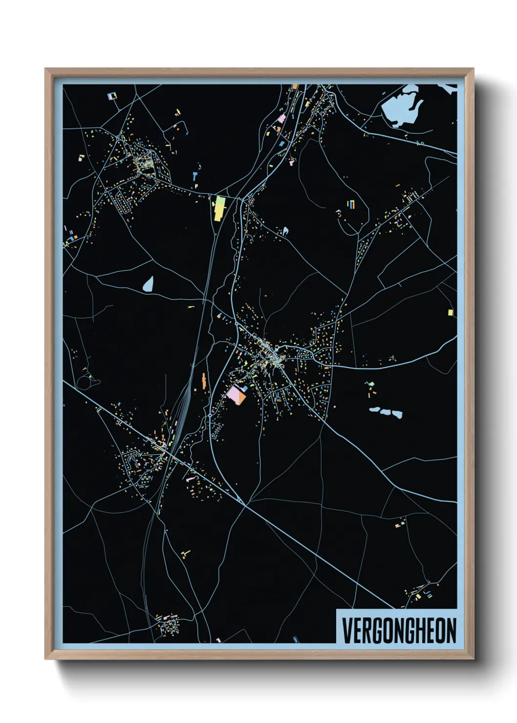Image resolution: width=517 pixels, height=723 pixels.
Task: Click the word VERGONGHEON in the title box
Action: point(399,631)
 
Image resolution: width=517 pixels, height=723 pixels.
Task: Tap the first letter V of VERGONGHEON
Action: point(346,631)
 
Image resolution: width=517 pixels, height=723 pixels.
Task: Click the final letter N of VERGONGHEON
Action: point(451,631)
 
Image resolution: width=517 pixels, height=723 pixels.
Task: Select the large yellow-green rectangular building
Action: point(218,208)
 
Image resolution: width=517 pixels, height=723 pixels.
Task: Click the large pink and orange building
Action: point(237,394)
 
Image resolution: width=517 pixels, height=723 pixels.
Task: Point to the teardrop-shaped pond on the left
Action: point(148,284)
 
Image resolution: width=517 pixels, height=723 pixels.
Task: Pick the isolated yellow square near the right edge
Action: point(450,312)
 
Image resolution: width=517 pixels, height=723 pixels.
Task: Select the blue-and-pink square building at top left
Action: point(112,96)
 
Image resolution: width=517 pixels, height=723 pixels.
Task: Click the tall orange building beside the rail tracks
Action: point(203,381)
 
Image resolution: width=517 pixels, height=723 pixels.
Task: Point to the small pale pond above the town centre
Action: point(285,230)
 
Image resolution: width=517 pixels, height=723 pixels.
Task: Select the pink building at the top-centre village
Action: point(282,118)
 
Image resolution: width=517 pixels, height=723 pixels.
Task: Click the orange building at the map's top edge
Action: point(295,87)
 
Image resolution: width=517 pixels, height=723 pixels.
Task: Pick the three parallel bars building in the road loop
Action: point(351,204)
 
